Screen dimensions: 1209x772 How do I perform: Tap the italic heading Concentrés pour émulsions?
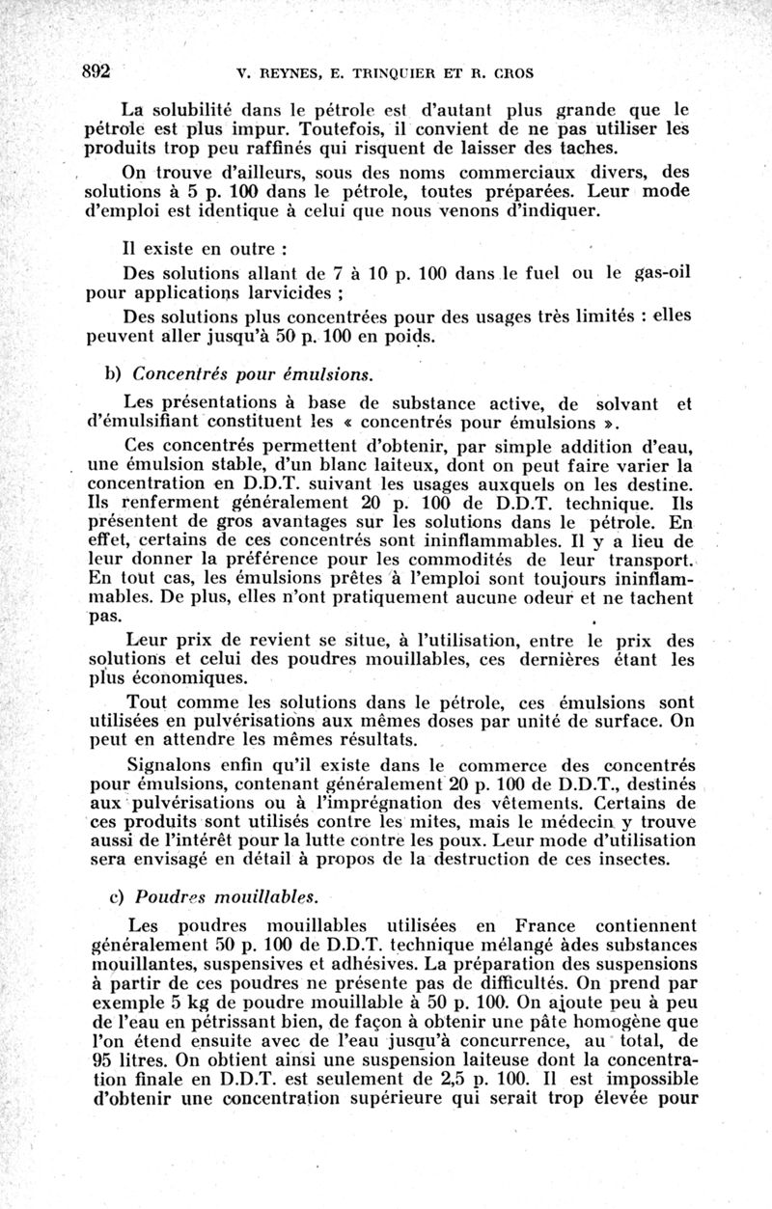point(251,372)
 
